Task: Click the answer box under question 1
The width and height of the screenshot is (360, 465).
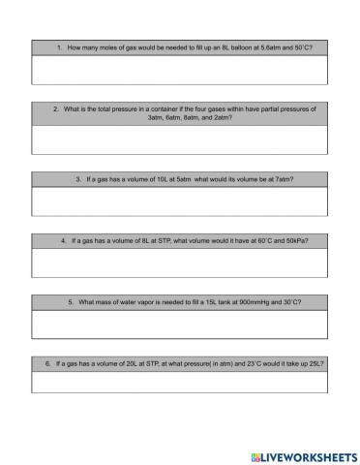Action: (x=180, y=71)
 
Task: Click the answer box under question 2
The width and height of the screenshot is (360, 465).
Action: (x=180, y=140)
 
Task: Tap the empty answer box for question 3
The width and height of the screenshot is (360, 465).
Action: (x=180, y=201)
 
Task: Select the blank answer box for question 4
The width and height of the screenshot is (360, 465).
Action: (x=180, y=263)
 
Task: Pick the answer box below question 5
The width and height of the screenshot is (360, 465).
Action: (x=180, y=324)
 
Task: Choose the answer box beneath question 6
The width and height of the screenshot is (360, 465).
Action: (x=180, y=382)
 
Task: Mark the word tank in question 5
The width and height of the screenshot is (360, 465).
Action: (x=215, y=301)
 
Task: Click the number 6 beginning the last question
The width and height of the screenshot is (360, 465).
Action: (x=47, y=362)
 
